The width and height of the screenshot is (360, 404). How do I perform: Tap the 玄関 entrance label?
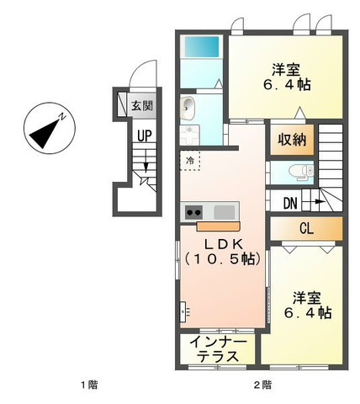[142, 106]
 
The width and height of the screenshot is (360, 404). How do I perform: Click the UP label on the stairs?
[145, 136]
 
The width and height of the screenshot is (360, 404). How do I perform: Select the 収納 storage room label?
[292, 139]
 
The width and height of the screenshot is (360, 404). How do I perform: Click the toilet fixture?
[301, 172]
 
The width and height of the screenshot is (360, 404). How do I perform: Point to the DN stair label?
[290, 203]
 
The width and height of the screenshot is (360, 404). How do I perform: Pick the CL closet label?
[306, 229]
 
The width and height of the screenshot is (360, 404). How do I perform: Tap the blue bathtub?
[201, 47]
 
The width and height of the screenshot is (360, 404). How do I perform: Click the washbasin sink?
[187, 109]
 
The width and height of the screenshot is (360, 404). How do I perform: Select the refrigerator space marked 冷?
[190, 161]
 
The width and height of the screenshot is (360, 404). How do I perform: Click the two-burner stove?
[193, 212]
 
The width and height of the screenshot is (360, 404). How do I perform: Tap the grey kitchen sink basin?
[225, 212]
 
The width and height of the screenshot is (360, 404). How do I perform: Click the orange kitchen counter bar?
[218, 226]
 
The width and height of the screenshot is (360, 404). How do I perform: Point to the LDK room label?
[223, 245]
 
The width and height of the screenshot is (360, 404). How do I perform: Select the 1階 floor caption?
[89, 385]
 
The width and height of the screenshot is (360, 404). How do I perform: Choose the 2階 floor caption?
[262, 385]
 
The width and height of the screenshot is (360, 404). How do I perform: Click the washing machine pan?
[189, 135]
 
